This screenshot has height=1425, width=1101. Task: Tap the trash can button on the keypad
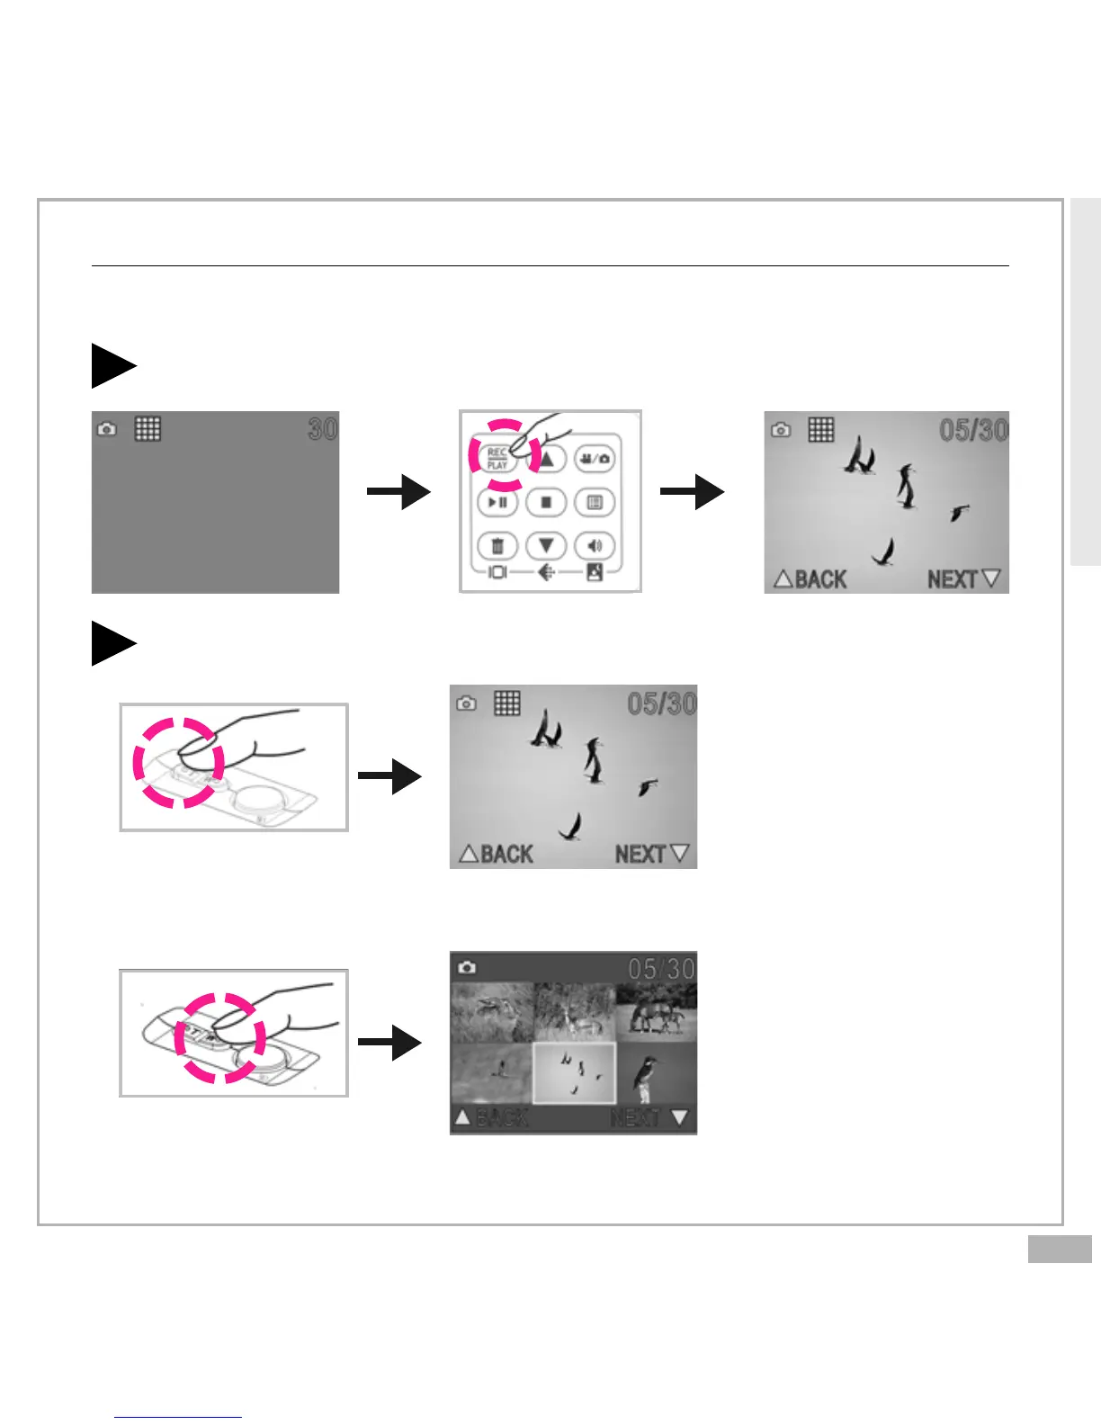[497, 545]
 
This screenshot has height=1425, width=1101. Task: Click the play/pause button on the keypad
[497, 502]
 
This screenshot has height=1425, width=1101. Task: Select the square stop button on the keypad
[545, 502]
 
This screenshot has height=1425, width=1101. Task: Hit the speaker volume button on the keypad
[594, 545]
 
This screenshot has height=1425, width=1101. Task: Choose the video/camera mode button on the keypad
[594, 459]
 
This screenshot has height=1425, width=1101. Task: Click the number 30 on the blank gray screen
[322, 429]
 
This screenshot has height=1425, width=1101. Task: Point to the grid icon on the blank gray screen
[148, 428]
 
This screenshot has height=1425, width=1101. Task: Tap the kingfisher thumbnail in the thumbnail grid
[656, 1073]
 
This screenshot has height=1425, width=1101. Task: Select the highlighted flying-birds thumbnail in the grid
[574, 1073]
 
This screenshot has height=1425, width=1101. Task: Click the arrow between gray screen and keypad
[398, 492]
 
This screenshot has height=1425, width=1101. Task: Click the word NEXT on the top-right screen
[953, 579]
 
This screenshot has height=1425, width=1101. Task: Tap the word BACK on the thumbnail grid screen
[502, 1118]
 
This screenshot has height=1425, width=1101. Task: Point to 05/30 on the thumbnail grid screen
[661, 969]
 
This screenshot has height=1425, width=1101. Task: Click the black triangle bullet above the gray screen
[112, 366]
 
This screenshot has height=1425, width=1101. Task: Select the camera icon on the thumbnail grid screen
[466, 967]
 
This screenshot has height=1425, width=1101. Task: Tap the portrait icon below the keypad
[595, 572]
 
